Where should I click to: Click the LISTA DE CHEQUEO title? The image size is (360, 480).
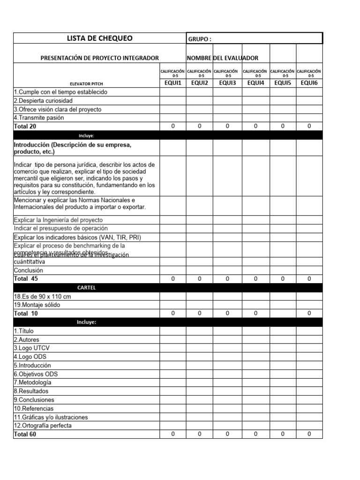(x=100, y=38)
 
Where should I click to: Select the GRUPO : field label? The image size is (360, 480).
(x=199, y=39)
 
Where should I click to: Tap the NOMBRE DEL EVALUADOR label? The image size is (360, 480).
(x=222, y=58)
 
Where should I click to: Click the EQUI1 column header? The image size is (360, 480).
(x=172, y=83)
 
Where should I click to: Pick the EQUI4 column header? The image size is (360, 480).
(x=255, y=83)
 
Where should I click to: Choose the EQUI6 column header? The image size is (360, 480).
(x=309, y=83)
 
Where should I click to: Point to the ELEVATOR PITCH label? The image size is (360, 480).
(x=87, y=83)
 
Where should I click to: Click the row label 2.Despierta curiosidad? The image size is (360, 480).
(x=43, y=101)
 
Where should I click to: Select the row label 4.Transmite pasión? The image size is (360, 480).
(x=39, y=118)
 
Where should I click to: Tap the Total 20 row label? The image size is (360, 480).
(x=25, y=127)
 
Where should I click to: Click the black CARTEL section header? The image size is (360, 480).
(x=86, y=287)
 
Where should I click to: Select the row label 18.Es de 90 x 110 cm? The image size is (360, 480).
(x=42, y=296)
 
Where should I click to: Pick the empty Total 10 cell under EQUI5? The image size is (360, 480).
(x=283, y=314)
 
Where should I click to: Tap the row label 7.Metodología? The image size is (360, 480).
(x=32, y=382)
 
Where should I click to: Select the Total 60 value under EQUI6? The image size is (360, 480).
(x=309, y=435)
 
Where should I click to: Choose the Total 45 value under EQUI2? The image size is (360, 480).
(x=199, y=279)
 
